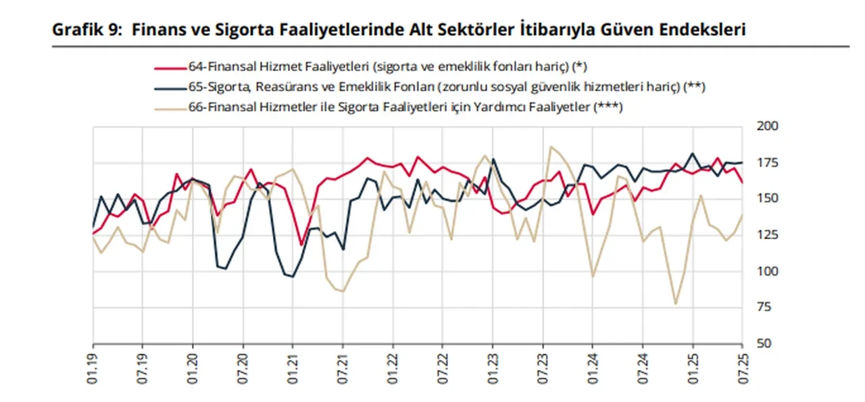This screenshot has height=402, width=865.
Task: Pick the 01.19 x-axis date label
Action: (x=93, y=368)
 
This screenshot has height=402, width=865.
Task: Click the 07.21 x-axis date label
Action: (x=343, y=368)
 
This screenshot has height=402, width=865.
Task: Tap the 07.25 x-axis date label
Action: (x=743, y=368)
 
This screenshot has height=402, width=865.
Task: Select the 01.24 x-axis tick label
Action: (x=593, y=368)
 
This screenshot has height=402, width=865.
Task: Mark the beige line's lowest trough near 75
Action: (x=675, y=303)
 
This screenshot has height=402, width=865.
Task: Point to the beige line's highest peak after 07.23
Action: (x=551, y=147)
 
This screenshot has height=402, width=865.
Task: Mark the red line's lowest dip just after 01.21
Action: (x=301, y=245)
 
